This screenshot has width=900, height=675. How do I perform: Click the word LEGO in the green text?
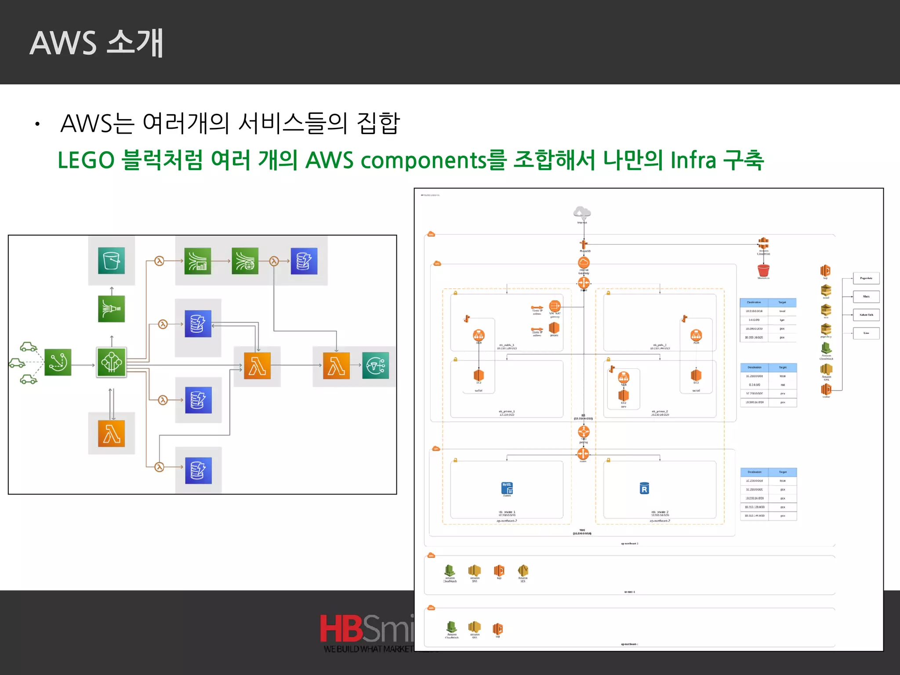click(86, 160)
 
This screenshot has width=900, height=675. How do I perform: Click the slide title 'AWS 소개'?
click(97, 43)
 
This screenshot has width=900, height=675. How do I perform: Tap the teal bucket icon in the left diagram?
click(111, 261)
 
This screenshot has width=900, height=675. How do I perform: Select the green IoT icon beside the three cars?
click(58, 363)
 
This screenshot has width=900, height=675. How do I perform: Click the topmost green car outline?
click(29, 347)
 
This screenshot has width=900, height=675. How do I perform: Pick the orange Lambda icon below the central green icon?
click(111, 434)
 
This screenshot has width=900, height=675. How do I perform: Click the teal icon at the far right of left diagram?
click(375, 366)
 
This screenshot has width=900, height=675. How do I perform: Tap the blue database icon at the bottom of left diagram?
click(198, 471)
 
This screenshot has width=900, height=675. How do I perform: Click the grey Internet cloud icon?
click(582, 212)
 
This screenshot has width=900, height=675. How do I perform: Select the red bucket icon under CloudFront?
click(763, 270)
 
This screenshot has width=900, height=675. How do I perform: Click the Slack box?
click(866, 297)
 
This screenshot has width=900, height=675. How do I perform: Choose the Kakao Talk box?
click(866, 315)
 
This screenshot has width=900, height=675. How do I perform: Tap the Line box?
click(866, 333)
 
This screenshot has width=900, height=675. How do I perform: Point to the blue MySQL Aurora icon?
click(507, 488)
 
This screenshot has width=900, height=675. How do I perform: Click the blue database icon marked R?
click(644, 489)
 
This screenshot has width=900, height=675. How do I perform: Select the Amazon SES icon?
click(523, 570)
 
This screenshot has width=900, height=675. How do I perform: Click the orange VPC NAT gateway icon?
click(555, 306)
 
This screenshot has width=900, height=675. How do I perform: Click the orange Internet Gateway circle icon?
click(584, 263)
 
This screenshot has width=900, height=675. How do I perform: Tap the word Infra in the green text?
click(693, 160)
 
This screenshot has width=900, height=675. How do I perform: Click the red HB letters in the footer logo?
click(341, 628)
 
